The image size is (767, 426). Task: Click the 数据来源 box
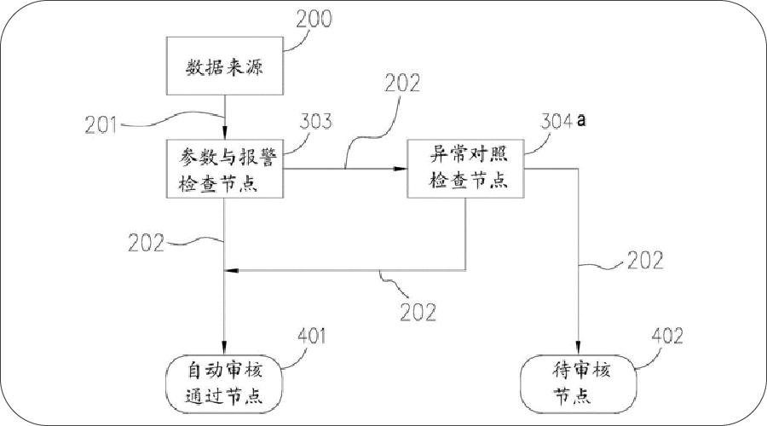click(224, 67)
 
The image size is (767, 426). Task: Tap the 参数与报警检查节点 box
click(224, 169)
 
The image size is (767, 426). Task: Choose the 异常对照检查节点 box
click(465, 169)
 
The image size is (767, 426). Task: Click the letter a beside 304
click(582, 121)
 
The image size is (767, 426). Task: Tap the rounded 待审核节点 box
click(579, 383)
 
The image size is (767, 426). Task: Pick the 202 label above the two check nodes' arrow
click(402, 83)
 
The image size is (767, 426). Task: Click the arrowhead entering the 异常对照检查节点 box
click(402, 169)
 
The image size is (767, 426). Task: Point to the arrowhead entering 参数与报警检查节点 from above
click(224, 133)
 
